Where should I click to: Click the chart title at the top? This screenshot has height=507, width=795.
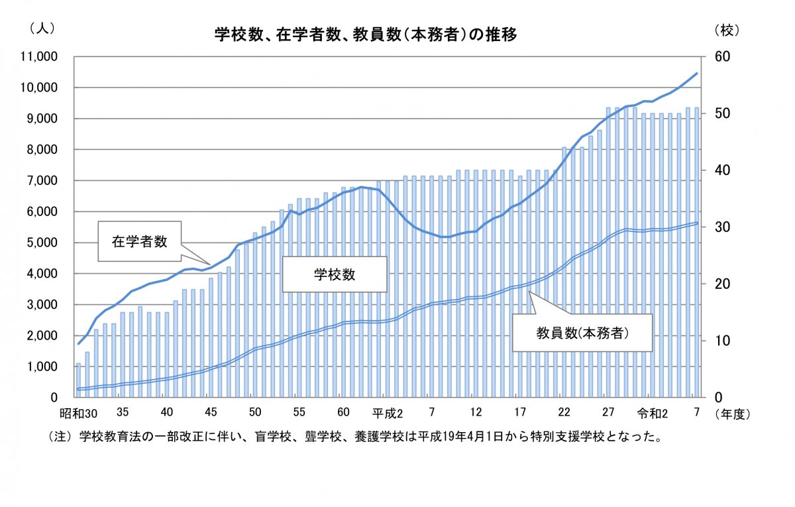(365, 34)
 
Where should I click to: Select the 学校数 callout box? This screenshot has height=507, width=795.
(335, 274)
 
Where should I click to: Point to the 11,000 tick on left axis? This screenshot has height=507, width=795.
(40, 57)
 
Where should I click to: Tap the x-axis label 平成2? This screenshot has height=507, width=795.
(387, 413)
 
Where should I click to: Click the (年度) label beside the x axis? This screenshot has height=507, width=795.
(731, 414)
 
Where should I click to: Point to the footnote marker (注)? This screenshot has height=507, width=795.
(59, 437)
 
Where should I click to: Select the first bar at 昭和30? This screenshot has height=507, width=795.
(78, 380)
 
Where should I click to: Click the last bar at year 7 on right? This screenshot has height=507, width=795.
(697, 252)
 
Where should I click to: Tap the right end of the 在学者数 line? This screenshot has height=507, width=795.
(697, 74)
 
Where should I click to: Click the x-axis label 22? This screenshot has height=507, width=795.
(564, 413)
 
